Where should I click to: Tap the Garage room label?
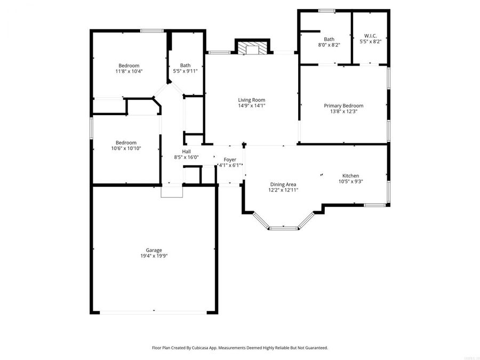click(x=154, y=250)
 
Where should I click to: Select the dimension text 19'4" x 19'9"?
click(x=154, y=256)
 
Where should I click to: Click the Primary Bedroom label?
click(x=343, y=106)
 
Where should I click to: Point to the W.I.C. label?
click(x=371, y=36)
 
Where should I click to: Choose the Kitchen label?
click(x=350, y=175)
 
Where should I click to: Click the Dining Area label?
click(x=283, y=184)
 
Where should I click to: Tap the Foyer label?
click(x=230, y=159)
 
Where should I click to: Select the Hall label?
click(x=186, y=151)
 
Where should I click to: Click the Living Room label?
click(x=251, y=100)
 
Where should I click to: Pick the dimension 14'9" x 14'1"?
click(x=251, y=106)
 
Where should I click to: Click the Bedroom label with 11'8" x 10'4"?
click(x=129, y=66)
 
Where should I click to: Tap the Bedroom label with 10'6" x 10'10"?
click(x=126, y=142)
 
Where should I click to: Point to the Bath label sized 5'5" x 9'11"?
click(x=185, y=65)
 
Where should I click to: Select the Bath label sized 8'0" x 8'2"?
click(x=329, y=39)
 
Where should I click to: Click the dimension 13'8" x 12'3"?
click(x=343, y=112)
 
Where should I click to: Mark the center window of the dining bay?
click(x=283, y=228)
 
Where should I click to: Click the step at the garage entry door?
click(x=172, y=191)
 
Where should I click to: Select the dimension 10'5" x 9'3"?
click(x=350, y=181)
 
